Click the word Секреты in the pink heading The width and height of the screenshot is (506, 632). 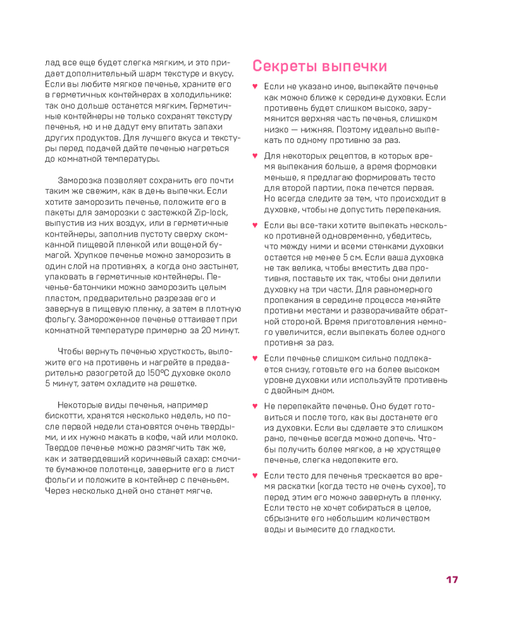pyautogui.click(x=283, y=66)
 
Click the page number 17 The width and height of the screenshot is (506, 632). pyautogui.click(x=452, y=580)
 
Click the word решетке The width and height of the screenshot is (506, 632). pyautogui.click(x=179, y=384)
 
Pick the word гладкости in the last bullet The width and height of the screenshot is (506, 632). pyautogui.click(x=363, y=529)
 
